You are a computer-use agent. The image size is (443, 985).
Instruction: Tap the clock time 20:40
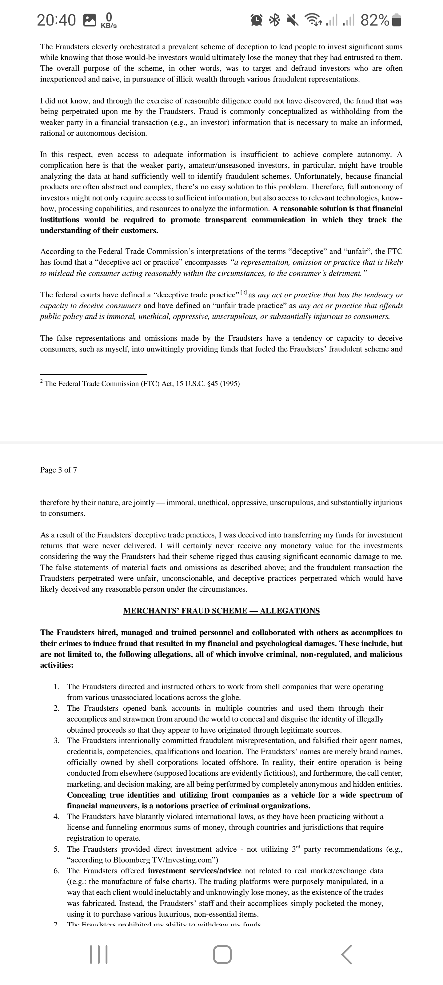click(x=56, y=20)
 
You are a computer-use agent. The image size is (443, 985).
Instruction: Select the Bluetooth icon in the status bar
click(x=274, y=20)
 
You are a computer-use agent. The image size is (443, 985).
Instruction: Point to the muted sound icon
click(x=292, y=20)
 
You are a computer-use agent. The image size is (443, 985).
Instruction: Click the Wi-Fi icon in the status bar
click(x=312, y=20)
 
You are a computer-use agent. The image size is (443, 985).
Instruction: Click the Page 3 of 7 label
click(x=58, y=470)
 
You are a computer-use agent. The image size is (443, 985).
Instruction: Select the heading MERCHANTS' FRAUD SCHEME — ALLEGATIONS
click(x=221, y=611)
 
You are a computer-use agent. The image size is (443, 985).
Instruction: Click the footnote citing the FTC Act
click(x=142, y=384)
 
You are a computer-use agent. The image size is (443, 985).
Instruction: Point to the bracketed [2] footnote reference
click(x=243, y=294)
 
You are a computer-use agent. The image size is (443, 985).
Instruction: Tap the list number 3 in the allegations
click(x=56, y=741)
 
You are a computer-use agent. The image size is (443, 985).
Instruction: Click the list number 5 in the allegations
click(x=56, y=849)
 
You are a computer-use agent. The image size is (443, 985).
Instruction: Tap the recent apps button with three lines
click(x=99, y=955)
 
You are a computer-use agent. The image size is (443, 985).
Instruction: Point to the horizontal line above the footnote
click(x=93, y=374)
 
